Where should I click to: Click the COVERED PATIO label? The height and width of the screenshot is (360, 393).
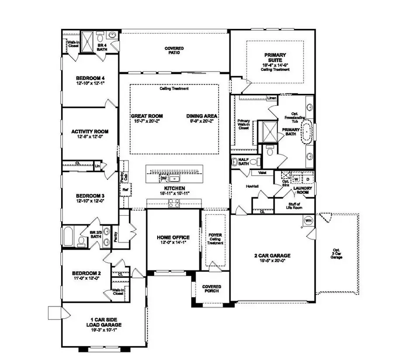point(174,50)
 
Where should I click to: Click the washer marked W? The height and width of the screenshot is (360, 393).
point(296,178)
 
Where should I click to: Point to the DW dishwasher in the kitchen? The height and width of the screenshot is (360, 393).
point(163,178)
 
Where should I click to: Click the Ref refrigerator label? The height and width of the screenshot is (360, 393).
point(125,190)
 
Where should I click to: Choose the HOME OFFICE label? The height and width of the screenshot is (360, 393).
point(173,237)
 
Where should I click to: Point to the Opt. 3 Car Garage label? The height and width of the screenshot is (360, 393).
point(336,255)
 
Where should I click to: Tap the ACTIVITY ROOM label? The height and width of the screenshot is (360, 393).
point(90,131)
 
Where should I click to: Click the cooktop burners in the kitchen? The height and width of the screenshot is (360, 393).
point(174,202)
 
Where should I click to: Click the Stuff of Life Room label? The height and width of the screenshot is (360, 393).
point(294,206)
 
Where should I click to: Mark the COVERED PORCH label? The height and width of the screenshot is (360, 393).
point(211,289)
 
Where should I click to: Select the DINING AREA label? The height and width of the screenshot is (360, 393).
point(202,116)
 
